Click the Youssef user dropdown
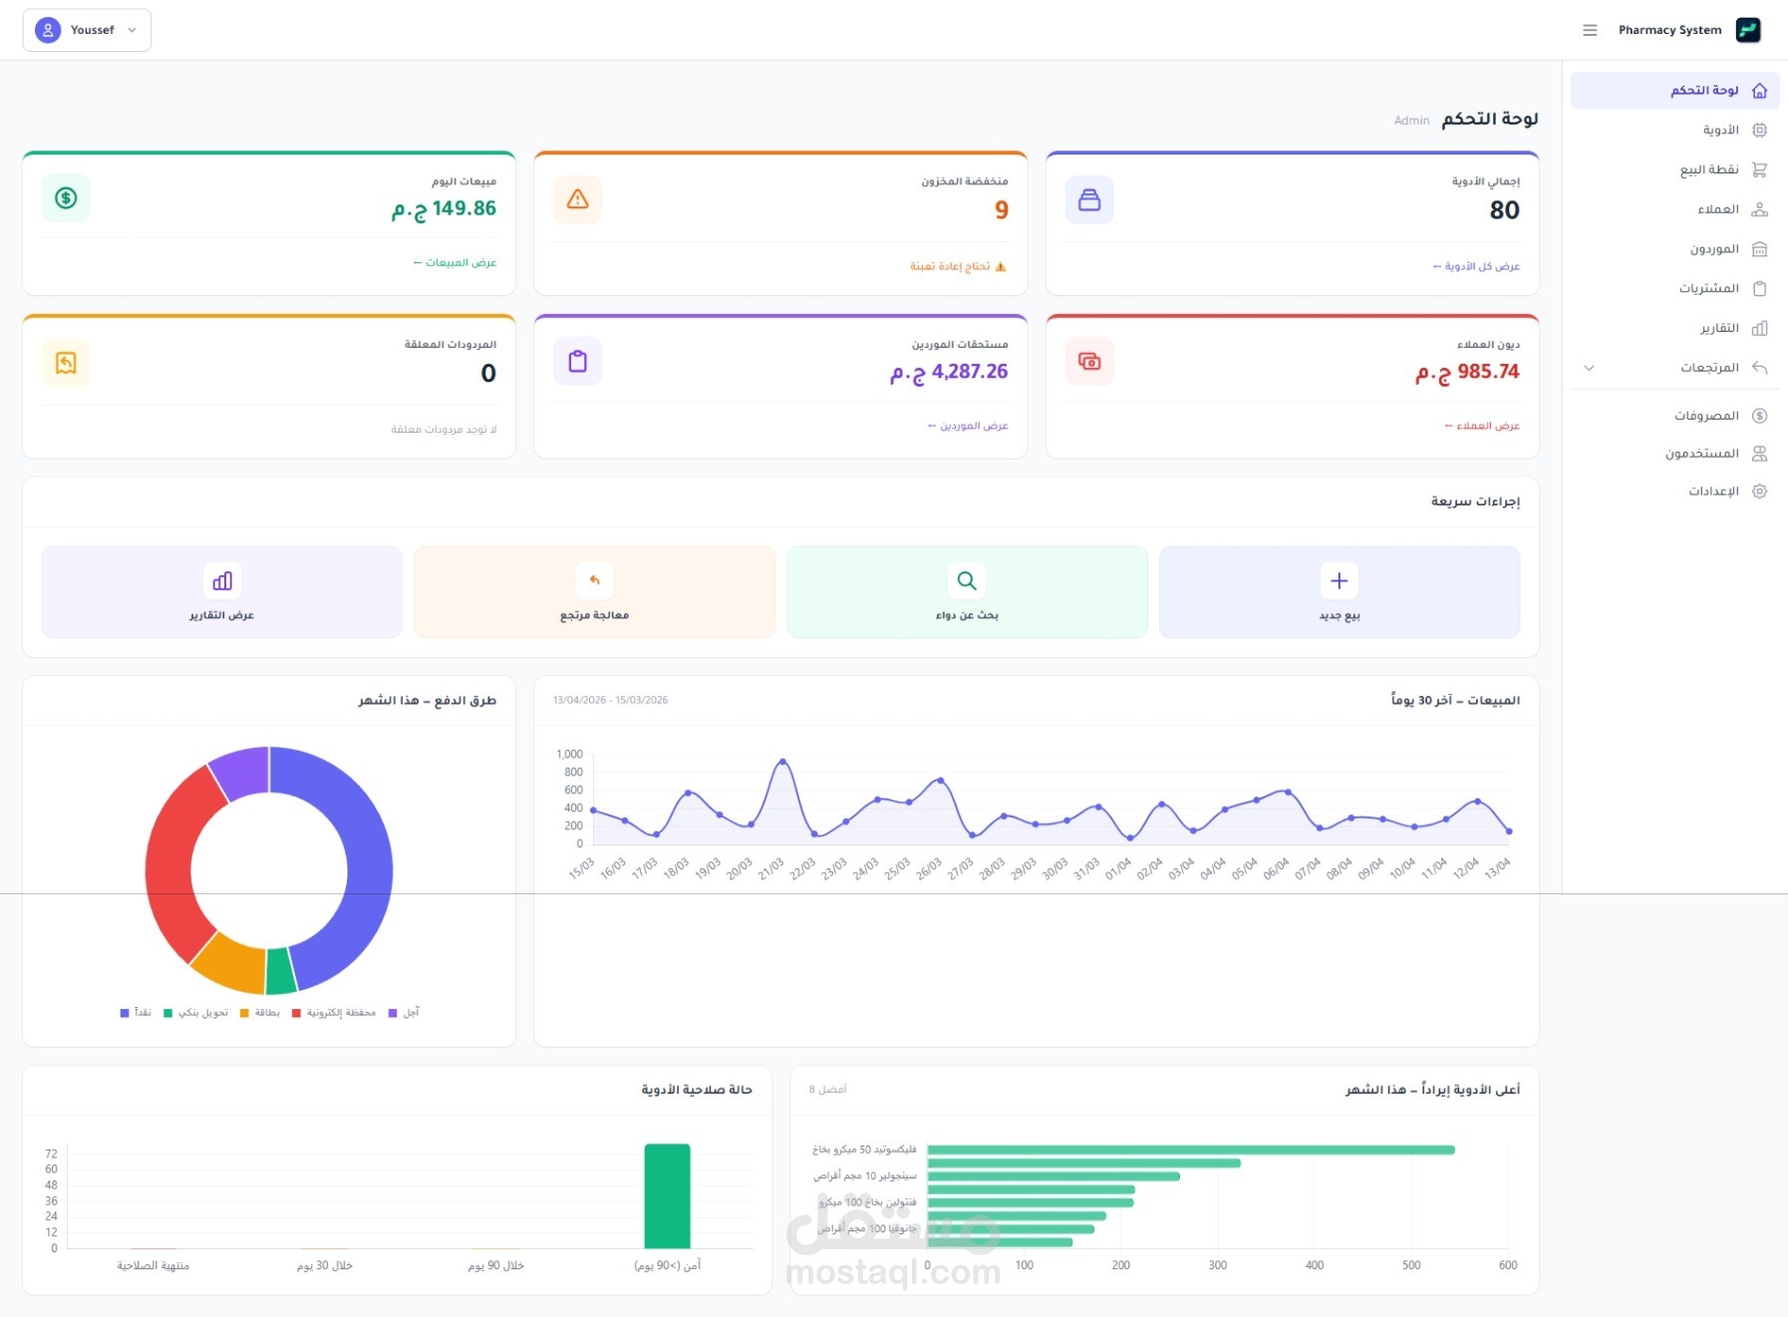[x=87, y=30]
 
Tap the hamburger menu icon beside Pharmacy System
[x=1590, y=30]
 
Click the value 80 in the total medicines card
[x=1504, y=210]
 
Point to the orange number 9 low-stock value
[x=1001, y=210]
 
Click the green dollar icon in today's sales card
[x=66, y=198]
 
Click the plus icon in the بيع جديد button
[x=1339, y=580]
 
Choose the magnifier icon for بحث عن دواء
[x=966, y=580]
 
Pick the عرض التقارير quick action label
[x=221, y=615]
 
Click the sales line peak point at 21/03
[x=782, y=762]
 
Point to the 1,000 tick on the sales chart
[x=570, y=755]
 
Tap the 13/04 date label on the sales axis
[x=1498, y=867]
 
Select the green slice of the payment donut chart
[x=281, y=971]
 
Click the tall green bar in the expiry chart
[x=667, y=1195]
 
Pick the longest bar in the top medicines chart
[x=1190, y=1150]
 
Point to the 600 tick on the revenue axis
[x=1507, y=1265]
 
